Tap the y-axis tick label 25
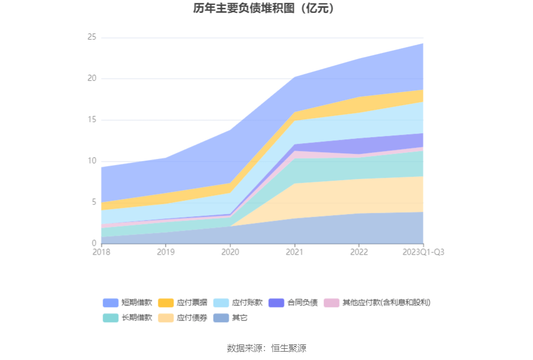point(91,37)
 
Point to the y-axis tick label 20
point(91,79)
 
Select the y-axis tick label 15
point(91,120)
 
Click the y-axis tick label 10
point(91,161)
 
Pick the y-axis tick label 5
point(94,202)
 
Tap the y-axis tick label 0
point(94,244)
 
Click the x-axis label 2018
point(101,252)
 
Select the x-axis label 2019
point(166,252)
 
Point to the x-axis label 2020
point(230,252)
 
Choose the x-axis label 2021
point(294,252)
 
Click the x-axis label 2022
point(358,252)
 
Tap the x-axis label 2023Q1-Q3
point(423,252)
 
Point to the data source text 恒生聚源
point(288,348)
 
